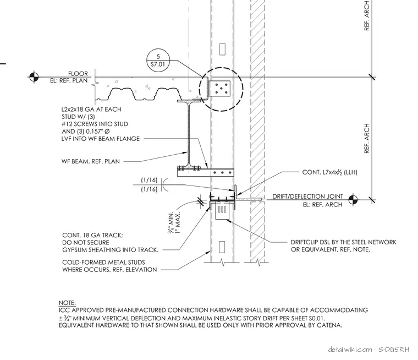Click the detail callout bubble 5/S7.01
click(158, 61)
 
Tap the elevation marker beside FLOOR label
click(34, 77)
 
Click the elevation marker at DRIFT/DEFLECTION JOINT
click(353, 199)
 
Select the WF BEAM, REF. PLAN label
click(91, 161)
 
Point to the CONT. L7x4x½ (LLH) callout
click(330, 172)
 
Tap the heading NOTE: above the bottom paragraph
click(67, 303)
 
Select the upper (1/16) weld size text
click(149, 180)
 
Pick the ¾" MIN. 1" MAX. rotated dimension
click(174, 222)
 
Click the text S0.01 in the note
click(317, 318)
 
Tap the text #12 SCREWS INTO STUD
click(95, 124)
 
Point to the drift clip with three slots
click(222, 211)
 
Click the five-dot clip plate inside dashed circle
click(220, 89)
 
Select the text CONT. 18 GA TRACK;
click(92, 235)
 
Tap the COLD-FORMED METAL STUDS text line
click(103, 263)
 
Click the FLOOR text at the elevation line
click(78, 74)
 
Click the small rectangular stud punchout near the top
click(222, 50)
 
